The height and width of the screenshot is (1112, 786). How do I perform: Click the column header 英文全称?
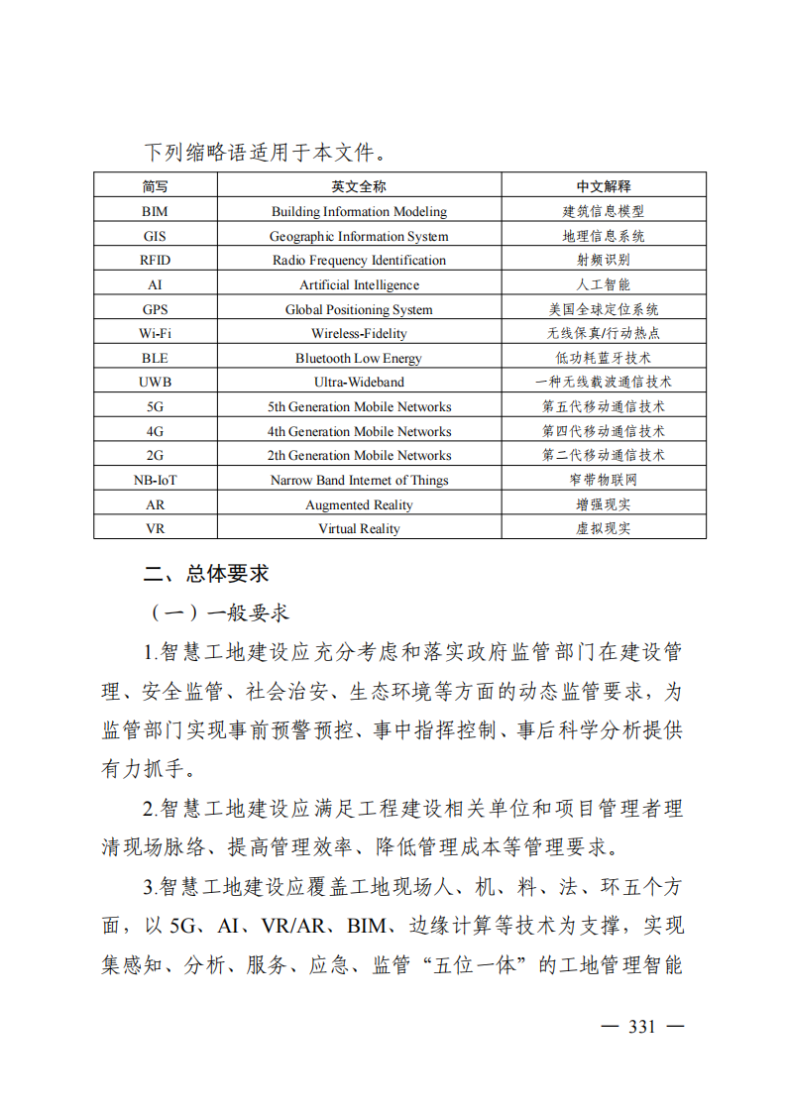click(x=359, y=186)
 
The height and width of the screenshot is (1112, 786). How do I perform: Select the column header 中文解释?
click(x=604, y=186)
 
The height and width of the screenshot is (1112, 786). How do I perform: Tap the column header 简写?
click(x=156, y=186)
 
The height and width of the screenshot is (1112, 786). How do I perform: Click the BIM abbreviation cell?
click(x=156, y=211)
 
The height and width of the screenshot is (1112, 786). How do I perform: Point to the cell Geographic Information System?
click(x=359, y=236)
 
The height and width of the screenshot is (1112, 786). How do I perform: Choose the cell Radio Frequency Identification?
click(x=359, y=260)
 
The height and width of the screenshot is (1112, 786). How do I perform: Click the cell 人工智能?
click(x=604, y=284)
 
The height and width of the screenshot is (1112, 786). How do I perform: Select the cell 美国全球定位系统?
click(x=604, y=309)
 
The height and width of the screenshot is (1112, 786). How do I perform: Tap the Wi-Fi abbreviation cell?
click(x=156, y=333)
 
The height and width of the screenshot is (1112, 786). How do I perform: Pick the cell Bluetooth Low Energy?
click(x=359, y=358)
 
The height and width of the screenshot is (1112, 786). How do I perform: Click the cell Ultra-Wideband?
click(x=359, y=382)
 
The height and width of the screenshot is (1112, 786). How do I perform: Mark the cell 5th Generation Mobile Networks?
click(x=359, y=406)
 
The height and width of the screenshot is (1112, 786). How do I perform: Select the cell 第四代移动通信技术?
click(x=604, y=431)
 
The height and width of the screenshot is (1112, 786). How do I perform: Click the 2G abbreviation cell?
click(x=156, y=455)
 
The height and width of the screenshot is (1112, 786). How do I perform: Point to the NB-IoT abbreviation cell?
click(x=156, y=480)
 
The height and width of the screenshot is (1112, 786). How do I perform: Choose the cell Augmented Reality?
click(x=359, y=504)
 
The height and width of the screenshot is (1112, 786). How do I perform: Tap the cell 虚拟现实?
click(x=604, y=528)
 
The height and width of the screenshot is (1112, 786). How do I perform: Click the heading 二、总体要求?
click(x=206, y=574)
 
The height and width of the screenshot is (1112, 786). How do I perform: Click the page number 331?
click(x=642, y=1026)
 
